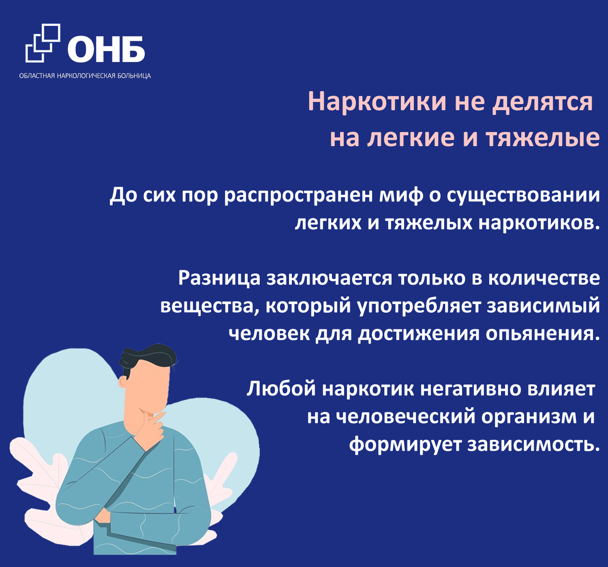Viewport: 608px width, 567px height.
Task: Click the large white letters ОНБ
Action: (x=106, y=49)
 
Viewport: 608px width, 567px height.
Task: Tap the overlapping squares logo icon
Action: (x=42, y=43)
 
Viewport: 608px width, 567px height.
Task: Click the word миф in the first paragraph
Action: (x=401, y=196)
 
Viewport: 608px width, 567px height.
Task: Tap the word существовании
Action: (x=523, y=196)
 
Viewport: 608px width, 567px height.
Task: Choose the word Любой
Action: (x=281, y=389)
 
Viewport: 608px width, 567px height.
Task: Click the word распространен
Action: (x=299, y=196)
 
